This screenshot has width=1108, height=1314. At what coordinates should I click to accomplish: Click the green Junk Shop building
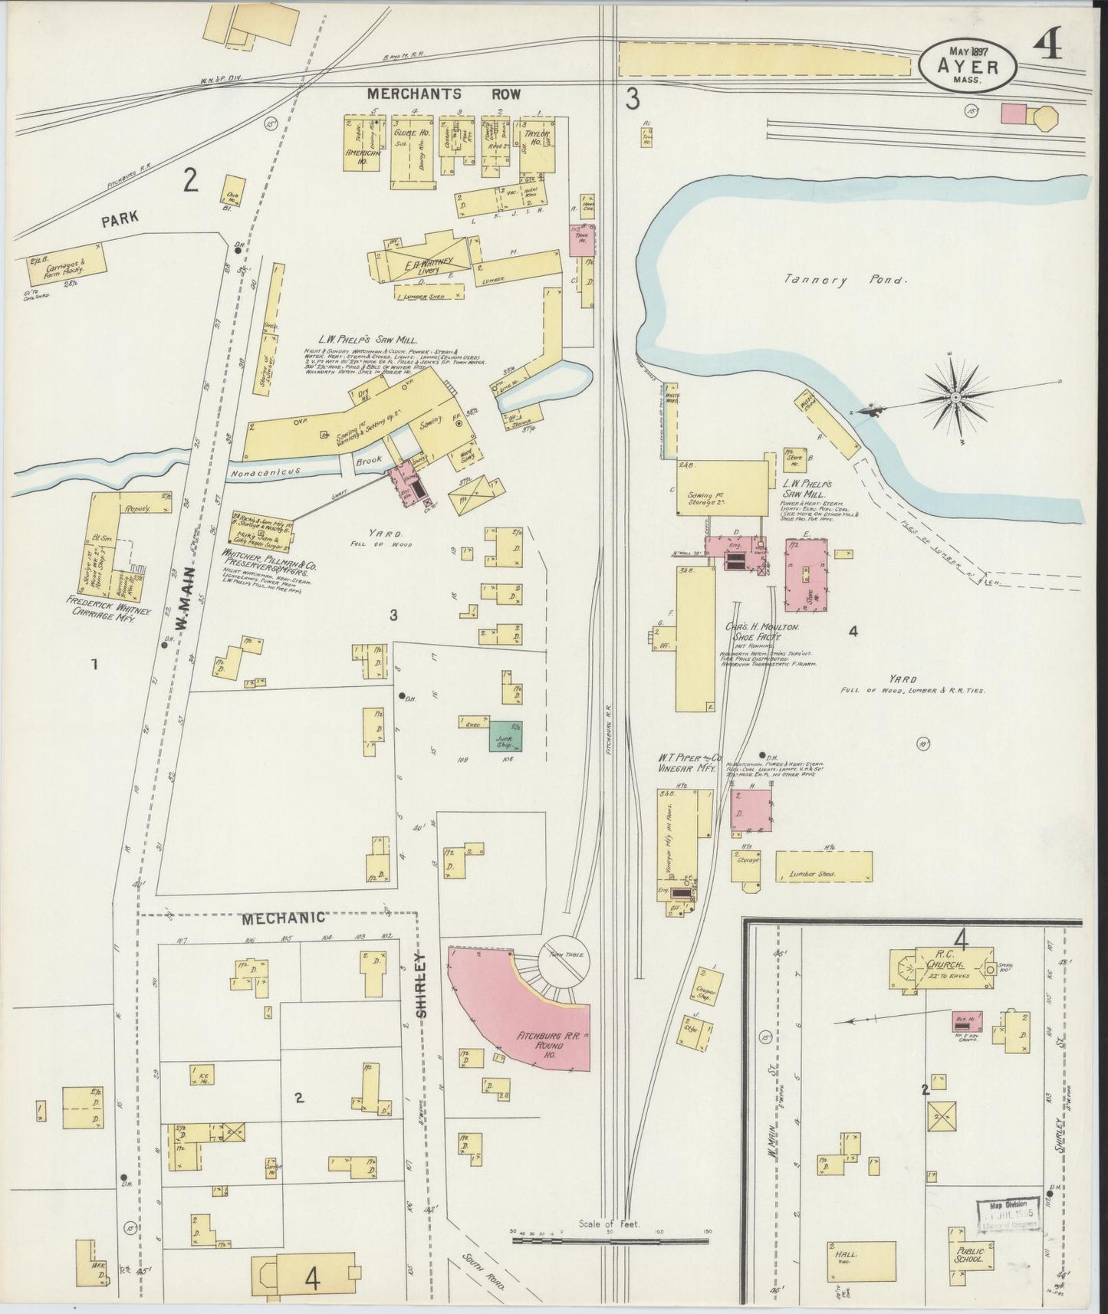(x=506, y=736)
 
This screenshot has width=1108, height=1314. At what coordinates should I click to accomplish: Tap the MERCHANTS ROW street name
(x=443, y=94)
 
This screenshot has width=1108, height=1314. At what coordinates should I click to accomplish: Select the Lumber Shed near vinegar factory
(x=824, y=866)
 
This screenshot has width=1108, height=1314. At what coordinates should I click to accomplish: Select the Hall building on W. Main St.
(x=861, y=1255)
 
